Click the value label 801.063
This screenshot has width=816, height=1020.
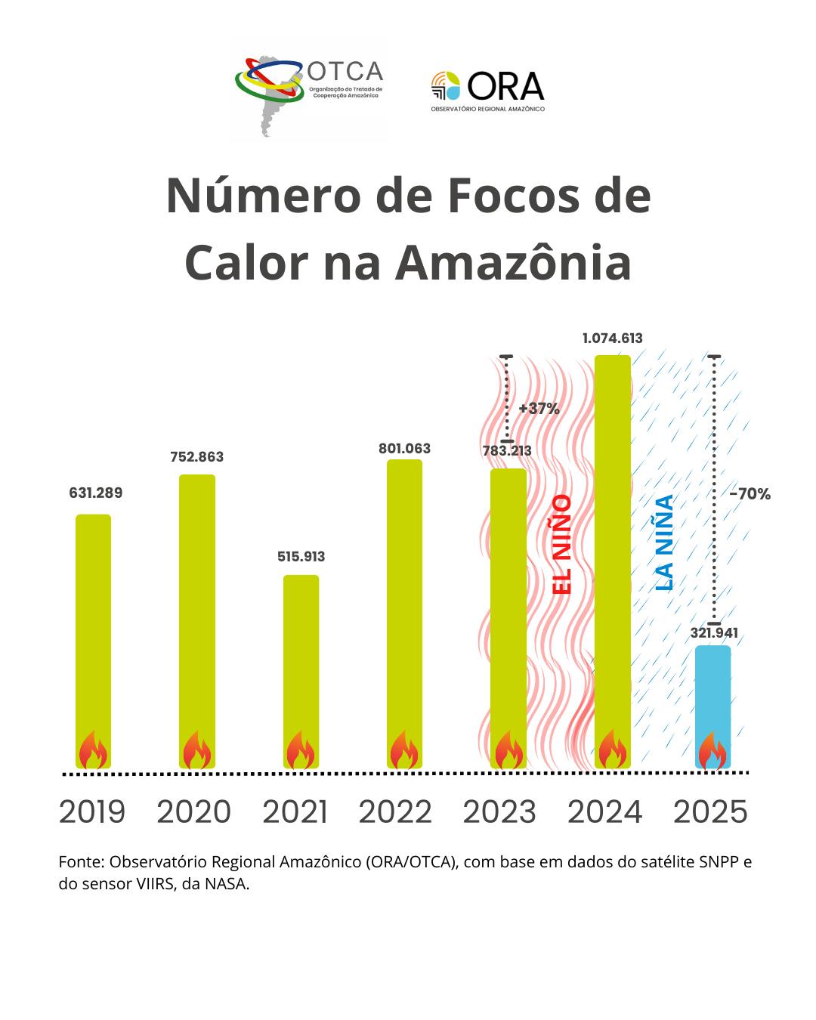tap(404, 449)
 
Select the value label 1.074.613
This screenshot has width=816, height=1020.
tap(612, 338)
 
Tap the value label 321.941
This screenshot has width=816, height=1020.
tap(714, 633)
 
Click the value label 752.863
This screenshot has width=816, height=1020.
tap(197, 457)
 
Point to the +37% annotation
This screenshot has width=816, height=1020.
tap(539, 409)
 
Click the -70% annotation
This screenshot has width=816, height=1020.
tap(750, 494)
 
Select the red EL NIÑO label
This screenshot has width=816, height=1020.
tap(562, 544)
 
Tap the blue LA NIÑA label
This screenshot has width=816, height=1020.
tap(664, 542)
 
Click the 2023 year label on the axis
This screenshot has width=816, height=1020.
tap(499, 812)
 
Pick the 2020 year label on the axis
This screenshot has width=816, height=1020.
tap(194, 812)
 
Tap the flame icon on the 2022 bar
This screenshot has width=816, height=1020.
tap(404, 750)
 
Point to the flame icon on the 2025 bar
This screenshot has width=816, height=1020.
tap(712, 751)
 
